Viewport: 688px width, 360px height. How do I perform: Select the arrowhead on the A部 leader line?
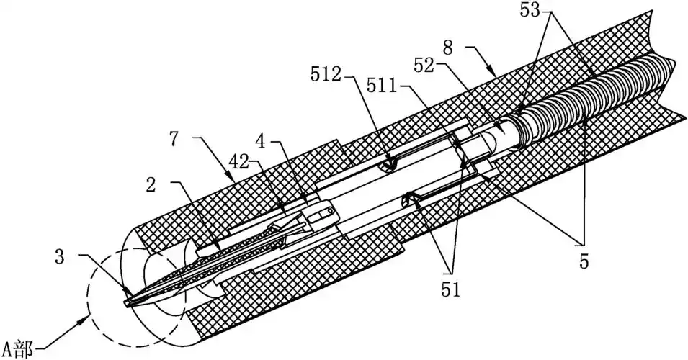click(89, 315)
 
